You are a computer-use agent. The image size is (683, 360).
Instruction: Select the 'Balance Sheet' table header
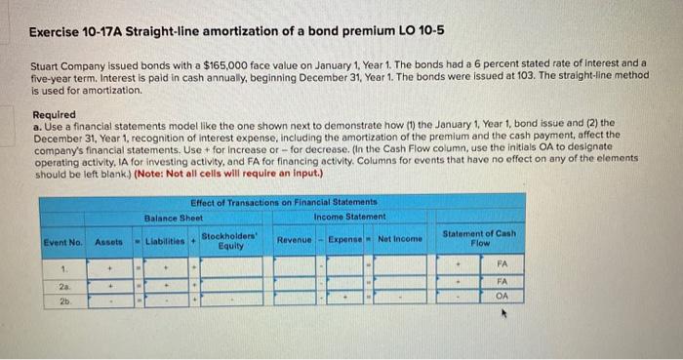tap(173, 217)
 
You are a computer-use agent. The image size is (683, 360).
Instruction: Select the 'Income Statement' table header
tap(350, 217)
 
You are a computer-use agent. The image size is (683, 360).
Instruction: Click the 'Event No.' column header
tap(62, 240)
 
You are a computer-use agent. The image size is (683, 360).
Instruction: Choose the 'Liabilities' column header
tap(168, 240)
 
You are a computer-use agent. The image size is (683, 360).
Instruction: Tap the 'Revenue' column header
tap(294, 240)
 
